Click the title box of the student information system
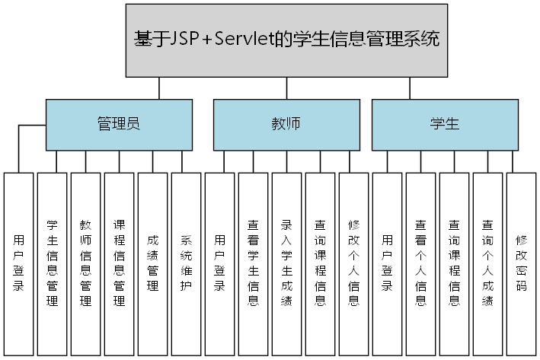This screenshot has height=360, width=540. tap(286, 40)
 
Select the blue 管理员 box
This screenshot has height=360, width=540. tap(118, 123)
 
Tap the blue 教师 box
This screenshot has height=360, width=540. tap(286, 123)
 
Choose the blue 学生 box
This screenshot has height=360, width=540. tap(444, 123)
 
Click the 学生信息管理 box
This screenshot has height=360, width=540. tap(53, 263)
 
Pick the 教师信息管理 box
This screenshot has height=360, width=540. tap(86, 263)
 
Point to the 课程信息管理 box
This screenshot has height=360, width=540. tap(120, 263)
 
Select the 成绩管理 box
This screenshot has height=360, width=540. tap(153, 263)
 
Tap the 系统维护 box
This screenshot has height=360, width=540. tap(187, 263)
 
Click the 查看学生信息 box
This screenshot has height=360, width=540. tap(254, 263)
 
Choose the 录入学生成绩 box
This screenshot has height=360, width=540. tap(287, 263)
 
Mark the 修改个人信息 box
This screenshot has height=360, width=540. tap(353, 263)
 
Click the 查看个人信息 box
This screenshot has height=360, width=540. tap(420, 263)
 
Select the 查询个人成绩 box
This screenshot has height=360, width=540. tap(487, 263)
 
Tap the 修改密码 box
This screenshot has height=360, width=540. tap(521, 263)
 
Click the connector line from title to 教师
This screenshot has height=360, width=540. tap(286, 88)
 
